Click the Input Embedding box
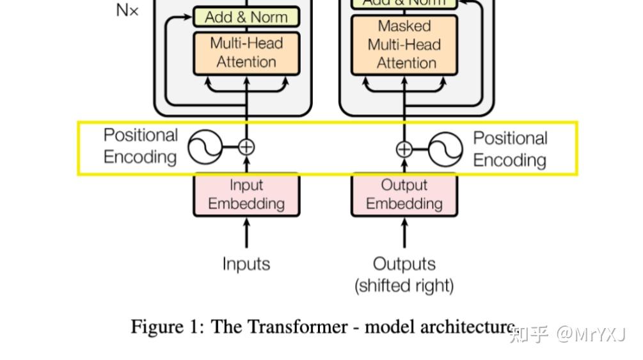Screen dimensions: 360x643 246,194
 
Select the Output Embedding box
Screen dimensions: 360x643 404,194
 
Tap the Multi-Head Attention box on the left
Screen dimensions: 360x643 246,52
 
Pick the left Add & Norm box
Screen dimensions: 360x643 246,17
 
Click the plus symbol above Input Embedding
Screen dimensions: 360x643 246,147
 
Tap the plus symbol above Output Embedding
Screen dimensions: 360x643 404,149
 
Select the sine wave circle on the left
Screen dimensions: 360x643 205,147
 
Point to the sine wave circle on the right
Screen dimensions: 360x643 445,149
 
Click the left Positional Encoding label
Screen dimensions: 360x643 140,146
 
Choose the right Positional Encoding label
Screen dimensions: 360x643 510,149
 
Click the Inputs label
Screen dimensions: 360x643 246,263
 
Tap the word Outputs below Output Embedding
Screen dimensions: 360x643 404,263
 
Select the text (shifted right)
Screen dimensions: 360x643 404,285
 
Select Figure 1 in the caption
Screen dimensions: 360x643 166,327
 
